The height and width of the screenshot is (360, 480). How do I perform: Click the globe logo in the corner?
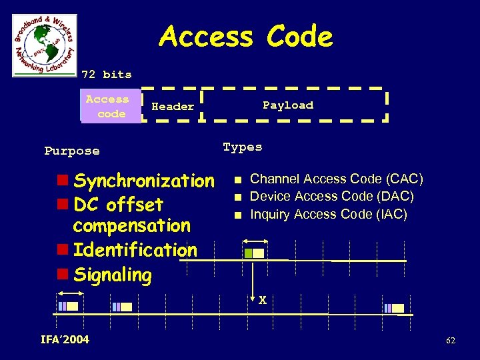(x=45, y=45)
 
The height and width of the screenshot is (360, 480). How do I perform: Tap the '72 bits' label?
(x=107, y=74)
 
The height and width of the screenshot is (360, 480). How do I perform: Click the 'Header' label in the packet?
(x=173, y=106)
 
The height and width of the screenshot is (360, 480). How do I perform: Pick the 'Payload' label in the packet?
(x=288, y=105)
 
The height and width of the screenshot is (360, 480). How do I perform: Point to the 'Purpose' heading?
(x=72, y=151)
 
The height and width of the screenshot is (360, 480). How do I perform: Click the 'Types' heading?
(x=243, y=147)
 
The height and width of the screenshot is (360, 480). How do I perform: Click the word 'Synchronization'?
(x=144, y=181)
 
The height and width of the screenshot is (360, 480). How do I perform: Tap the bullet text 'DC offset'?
(x=118, y=203)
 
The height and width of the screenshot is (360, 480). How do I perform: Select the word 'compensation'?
(x=131, y=225)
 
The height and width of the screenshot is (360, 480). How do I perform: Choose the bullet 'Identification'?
(x=135, y=250)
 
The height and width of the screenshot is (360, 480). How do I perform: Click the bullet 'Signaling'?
(x=112, y=275)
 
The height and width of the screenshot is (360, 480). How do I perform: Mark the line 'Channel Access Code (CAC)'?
(x=336, y=179)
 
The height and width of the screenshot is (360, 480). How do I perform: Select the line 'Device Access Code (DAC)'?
(x=331, y=197)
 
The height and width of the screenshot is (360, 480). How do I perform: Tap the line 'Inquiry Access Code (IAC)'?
(x=328, y=214)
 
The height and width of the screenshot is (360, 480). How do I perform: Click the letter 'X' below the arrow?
(x=263, y=301)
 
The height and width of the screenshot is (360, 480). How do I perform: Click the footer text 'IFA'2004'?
(x=65, y=340)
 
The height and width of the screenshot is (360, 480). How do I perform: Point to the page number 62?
(x=451, y=341)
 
